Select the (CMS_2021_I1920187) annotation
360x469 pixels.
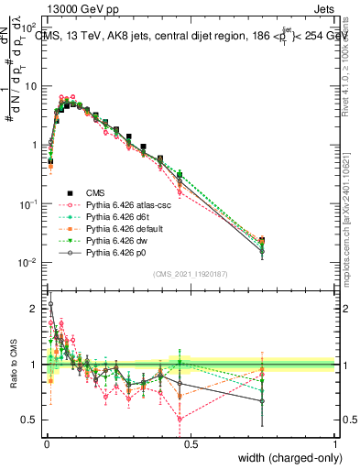(x=190, y=274)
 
